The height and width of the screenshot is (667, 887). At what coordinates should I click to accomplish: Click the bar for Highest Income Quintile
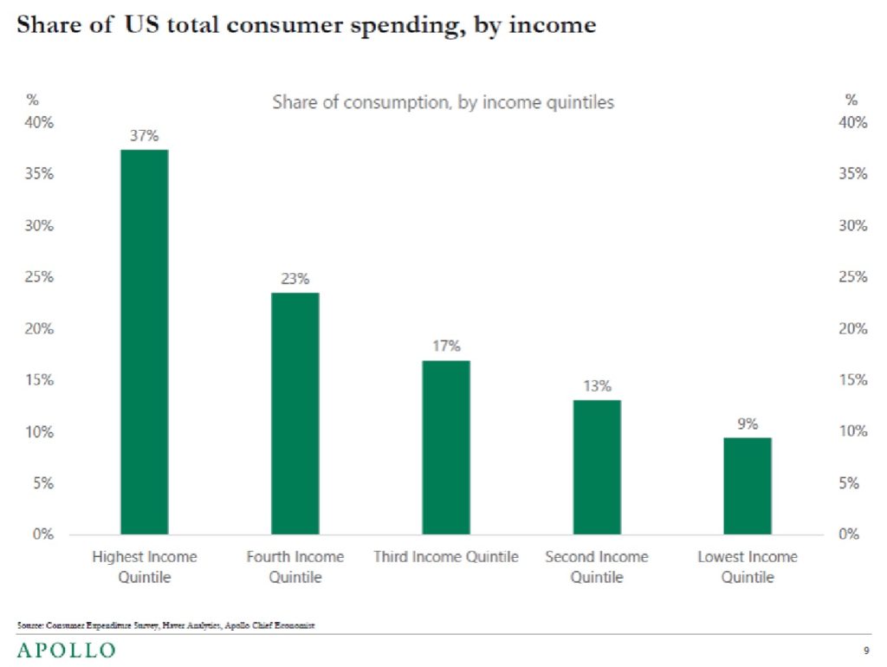pos(145,341)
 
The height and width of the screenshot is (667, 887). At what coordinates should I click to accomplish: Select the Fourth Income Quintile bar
pos(295,413)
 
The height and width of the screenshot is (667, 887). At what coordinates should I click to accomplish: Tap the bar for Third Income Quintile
pos(446,447)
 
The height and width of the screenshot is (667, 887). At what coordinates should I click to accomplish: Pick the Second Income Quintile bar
pos(597,467)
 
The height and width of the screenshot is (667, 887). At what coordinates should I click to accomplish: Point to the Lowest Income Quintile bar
pos(748,486)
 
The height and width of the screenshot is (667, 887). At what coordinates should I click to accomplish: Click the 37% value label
pos(145,136)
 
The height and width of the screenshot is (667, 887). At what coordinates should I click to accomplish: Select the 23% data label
pos(295,279)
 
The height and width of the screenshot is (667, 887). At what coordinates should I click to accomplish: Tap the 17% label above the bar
pos(446,346)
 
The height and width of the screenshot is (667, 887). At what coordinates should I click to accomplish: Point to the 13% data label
pos(597,386)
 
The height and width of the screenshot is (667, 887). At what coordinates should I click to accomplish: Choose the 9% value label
pos(748,424)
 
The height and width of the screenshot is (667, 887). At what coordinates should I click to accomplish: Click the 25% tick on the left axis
pos(40,277)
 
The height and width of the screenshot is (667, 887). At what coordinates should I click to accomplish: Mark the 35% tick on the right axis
pos(852,174)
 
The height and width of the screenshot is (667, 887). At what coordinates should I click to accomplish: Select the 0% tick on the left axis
pos(43,534)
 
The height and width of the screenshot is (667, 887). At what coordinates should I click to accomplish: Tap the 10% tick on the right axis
pos(852,431)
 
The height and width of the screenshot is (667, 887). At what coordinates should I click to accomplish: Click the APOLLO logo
pos(66,650)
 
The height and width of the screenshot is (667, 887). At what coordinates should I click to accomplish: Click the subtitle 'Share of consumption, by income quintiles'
pos(443,102)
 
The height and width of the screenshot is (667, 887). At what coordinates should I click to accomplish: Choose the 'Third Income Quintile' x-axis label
pos(446,557)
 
